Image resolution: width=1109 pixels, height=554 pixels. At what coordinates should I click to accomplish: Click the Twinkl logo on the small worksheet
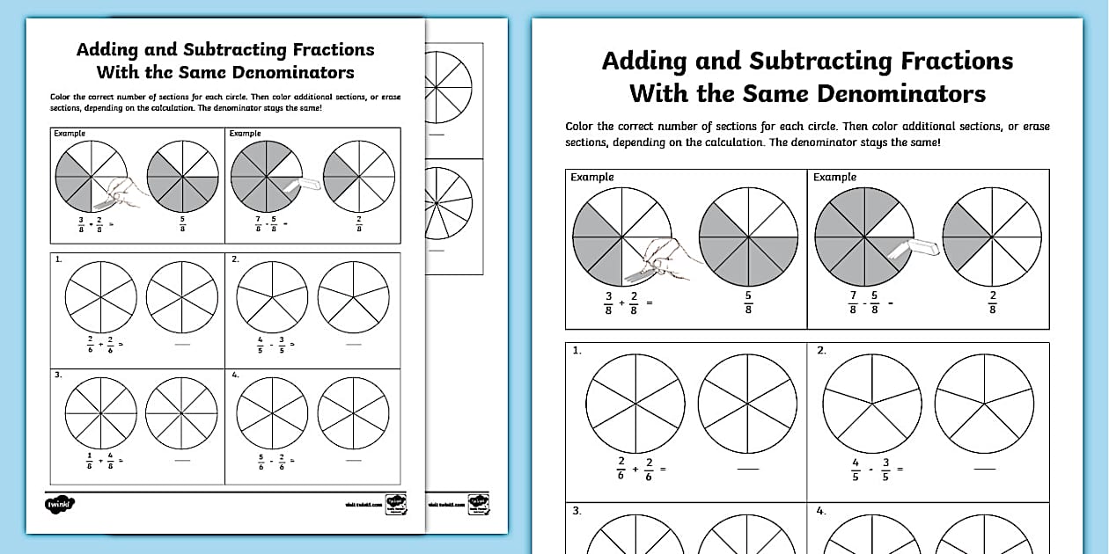pyautogui.click(x=60, y=504)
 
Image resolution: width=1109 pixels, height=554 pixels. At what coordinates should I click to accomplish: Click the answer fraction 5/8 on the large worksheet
pyautogui.click(x=748, y=303)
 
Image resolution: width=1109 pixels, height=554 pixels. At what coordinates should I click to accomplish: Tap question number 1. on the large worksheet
pyautogui.click(x=577, y=351)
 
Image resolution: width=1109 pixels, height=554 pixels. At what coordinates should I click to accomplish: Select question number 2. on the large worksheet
pyautogui.click(x=821, y=351)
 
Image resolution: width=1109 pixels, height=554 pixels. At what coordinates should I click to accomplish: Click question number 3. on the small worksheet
pyautogui.click(x=58, y=375)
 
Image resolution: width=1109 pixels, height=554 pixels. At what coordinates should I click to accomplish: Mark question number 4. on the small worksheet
pyautogui.click(x=235, y=375)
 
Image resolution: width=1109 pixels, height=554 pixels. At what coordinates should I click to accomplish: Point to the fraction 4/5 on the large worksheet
pyautogui.click(x=856, y=470)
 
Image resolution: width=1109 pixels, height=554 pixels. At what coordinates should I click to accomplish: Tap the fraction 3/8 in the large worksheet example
pyautogui.click(x=609, y=303)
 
